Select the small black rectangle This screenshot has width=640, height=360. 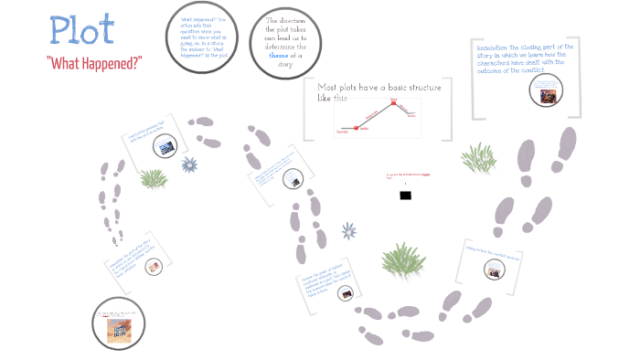coord(405,195)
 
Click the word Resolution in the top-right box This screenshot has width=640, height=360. coord(495,47)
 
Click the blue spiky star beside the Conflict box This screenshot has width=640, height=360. coord(189,164)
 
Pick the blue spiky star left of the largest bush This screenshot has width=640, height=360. coord(348,231)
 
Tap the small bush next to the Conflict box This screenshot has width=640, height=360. coord(153,178)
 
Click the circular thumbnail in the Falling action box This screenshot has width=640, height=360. coord(494,270)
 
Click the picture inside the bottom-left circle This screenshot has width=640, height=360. coord(118,327)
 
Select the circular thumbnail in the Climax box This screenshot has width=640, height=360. coord(347,293)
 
